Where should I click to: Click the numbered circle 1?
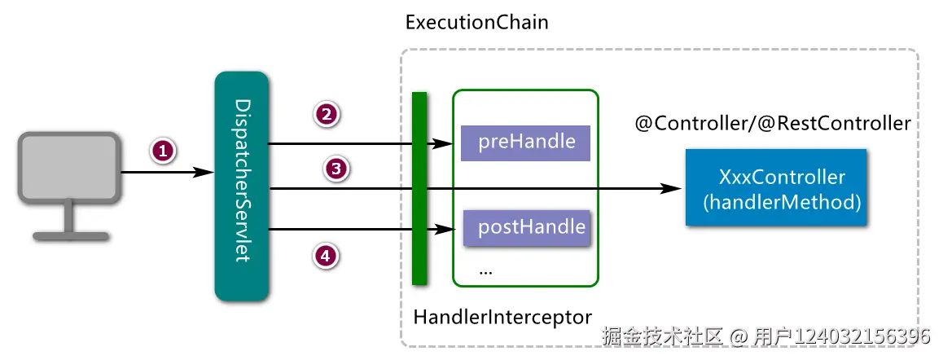pyautogui.click(x=163, y=151)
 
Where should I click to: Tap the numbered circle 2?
pyautogui.click(x=327, y=114)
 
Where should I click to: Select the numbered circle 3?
pyautogui.click(x=336, y=169)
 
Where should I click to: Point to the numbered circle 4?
pyautogui.click(x=326, y=256)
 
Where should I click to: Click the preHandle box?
pyautogui.click(x=526, y=143)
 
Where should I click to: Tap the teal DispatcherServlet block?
pyautogui.click(x=241, y=186)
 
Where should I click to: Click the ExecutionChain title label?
pyautogui.click(x=476, y=22)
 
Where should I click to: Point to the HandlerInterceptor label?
pyautogui.click(x=502, y=315)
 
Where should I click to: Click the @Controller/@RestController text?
pyautogui.click(x=772, y=124)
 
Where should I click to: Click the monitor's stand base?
pyautogui.click(x=70, y=236)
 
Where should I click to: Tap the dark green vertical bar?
pyautogui.click(x=419, y=188)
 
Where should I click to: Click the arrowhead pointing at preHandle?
pyautogui.click(x=442, y=143)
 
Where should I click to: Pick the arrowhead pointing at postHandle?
pyautogui.click(x=442, y=229)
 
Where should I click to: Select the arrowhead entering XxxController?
pyautogui.click(x=672, y=188)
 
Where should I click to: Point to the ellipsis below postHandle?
pyautogui.click(x=485, y=270)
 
